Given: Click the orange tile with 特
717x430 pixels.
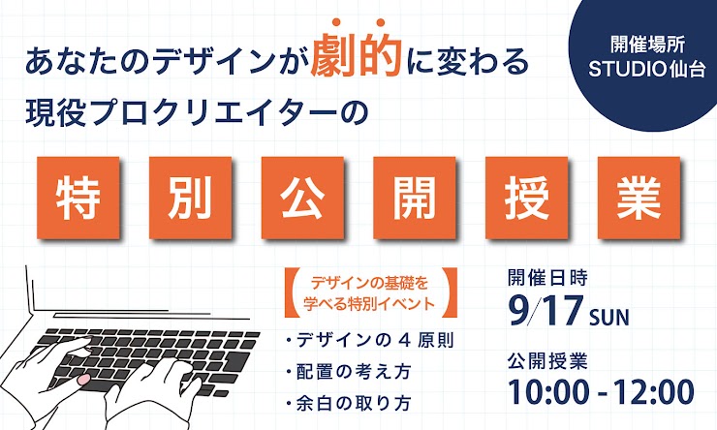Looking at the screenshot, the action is (78, 198).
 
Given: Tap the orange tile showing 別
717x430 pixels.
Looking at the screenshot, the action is (190, 198).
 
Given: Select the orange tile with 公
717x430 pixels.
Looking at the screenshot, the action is (302, 198).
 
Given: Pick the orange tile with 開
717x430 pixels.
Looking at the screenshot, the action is (415, 198).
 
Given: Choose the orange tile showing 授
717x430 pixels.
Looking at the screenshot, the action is (526, 198).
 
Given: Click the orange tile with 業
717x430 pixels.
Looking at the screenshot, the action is (639, 198).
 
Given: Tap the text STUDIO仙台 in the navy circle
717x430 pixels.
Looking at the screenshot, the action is (647, 70).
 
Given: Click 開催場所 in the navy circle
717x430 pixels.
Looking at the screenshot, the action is (647, 45).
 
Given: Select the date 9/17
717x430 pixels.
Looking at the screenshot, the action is (546, 310).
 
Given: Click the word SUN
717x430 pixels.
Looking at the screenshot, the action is (609, 317).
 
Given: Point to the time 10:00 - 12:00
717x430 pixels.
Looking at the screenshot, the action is (601, 391).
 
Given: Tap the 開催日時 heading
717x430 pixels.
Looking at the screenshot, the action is (547, 277).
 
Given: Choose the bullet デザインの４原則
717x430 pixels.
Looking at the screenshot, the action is (370, 340).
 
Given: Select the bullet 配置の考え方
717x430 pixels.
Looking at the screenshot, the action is (349, 372).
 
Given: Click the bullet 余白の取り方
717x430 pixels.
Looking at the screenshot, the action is (349, 403).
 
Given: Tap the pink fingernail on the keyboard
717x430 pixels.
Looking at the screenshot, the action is (83, 380).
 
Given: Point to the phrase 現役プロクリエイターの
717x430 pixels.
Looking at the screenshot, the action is (197, 112).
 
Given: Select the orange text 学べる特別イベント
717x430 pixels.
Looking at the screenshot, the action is (369, 303).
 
